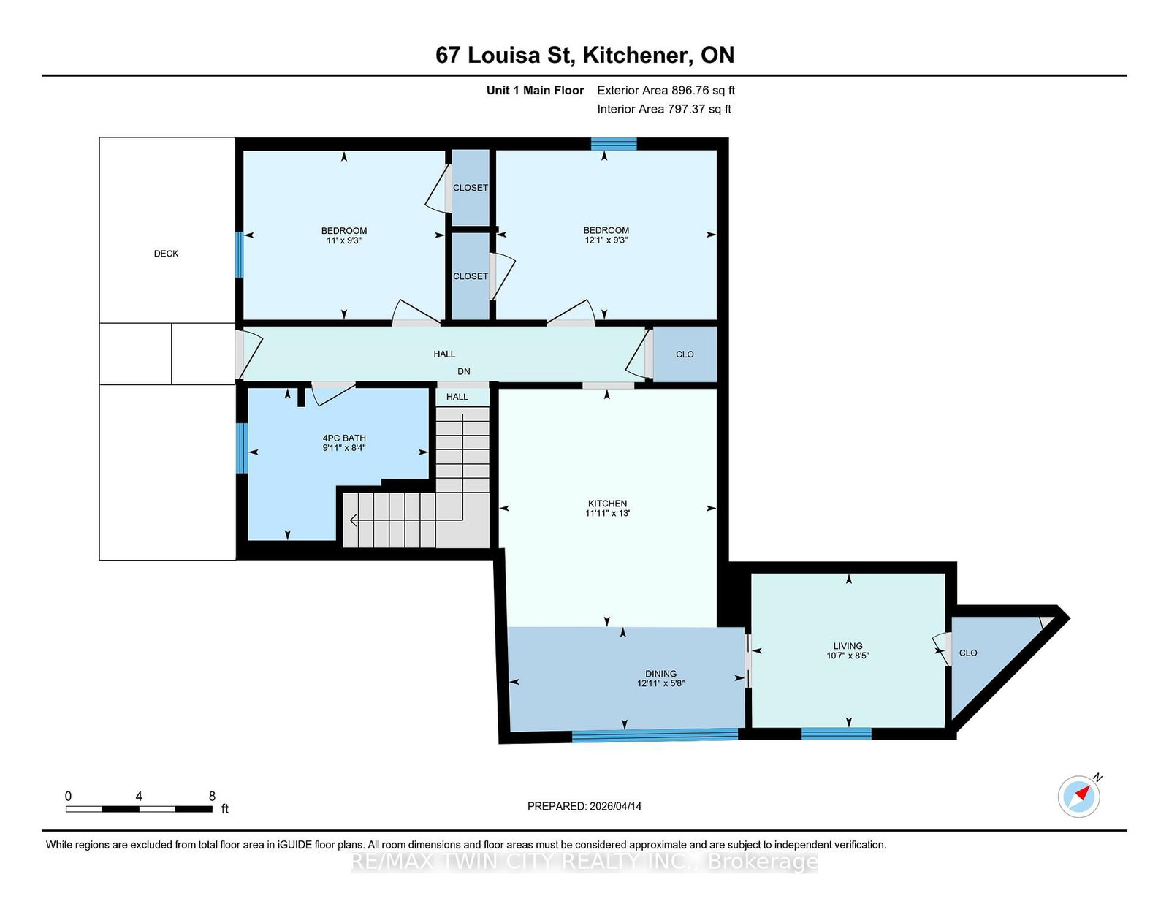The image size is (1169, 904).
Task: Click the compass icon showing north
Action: coord(1079,797)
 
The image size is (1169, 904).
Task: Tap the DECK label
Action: coord(166,254)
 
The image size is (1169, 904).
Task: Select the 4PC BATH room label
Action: coord(344,438)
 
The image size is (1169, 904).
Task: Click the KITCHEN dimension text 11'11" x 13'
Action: coord(607,514)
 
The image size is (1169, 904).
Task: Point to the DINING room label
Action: coord(660,674)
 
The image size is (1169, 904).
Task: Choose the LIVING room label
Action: coord(848,646)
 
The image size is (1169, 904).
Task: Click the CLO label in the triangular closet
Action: coord(968,653)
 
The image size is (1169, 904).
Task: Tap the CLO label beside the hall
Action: coord(685,354)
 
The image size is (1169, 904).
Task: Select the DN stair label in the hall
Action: coord(464,371)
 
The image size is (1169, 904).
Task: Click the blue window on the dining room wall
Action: coord(655,735)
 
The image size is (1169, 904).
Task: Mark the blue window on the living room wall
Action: coord(836,734)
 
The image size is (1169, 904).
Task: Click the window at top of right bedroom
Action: coord(614,143)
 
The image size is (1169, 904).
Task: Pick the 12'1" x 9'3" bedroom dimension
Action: coord(606,240)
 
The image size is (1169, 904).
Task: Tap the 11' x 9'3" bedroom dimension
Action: coord(344,240)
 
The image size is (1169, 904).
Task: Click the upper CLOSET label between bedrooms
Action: coord(471,188)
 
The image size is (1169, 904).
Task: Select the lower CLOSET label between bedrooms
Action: coord(471,276)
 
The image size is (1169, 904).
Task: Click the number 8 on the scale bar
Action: coord(212,797)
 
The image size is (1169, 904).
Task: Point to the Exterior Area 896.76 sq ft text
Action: coord(666,91)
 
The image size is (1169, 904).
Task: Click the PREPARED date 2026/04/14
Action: coord(614,806)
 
